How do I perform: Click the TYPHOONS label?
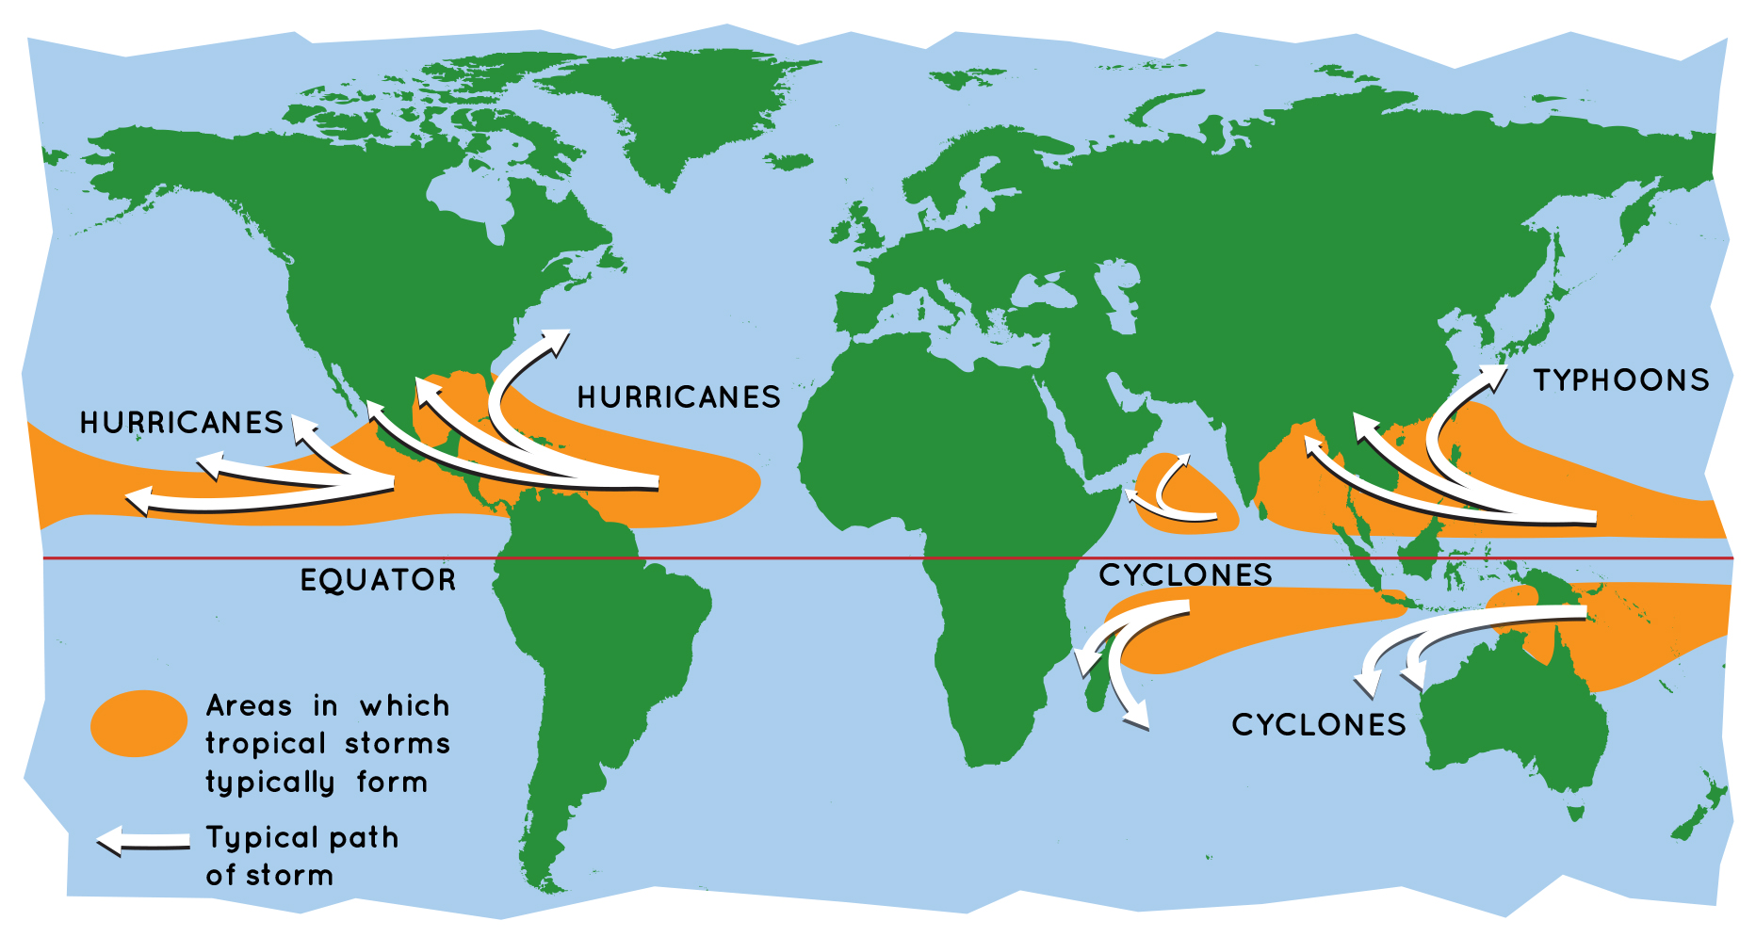(x=1620, y=380)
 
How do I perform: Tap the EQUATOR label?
(x=378, y=580)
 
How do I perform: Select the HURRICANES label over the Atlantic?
(x=678, y=397)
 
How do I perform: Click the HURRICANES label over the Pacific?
(x=181, y=423)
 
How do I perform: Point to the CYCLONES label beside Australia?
(x=1318, y=724)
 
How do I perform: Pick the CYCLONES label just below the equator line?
(x=1185, y=574)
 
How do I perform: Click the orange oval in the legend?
(x=138, y=723)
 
